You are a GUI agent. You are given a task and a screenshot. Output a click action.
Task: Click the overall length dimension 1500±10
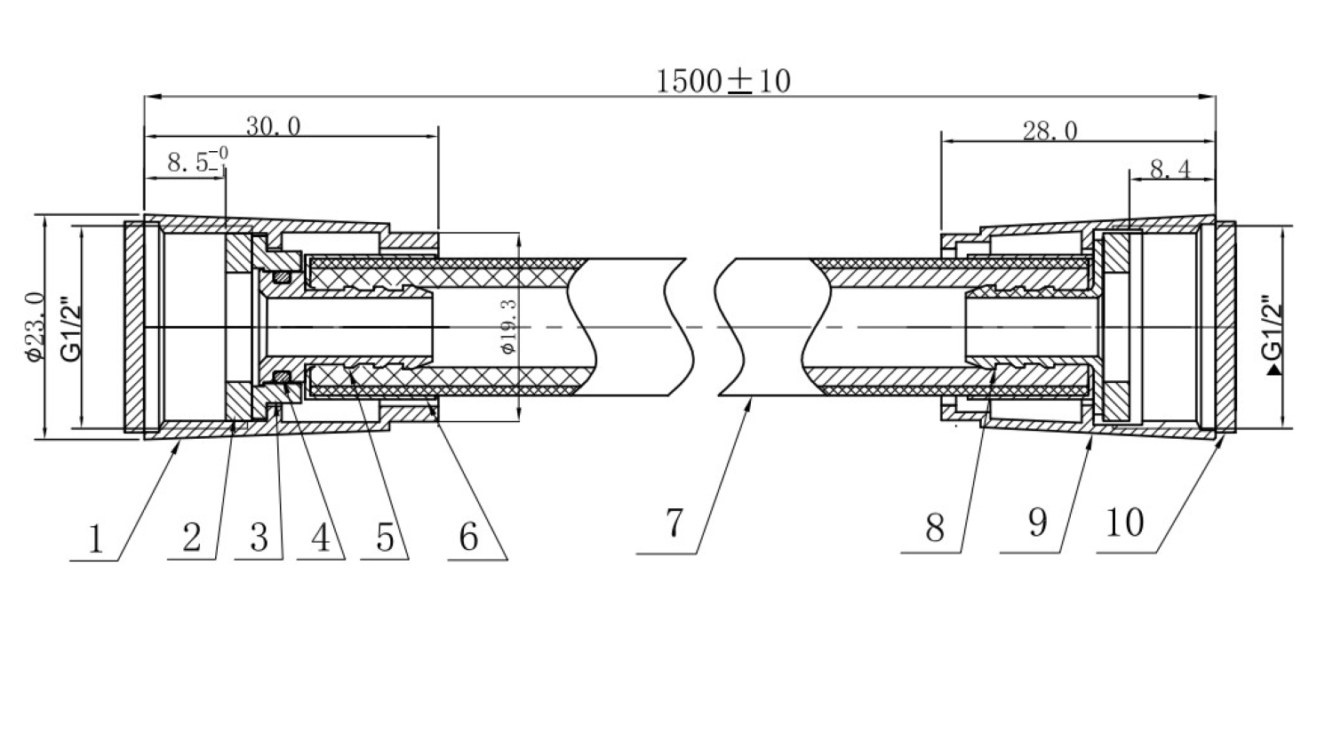[722, 81]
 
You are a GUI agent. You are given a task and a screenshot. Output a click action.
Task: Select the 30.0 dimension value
[273, 126]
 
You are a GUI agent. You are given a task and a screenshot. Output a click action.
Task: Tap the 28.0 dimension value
[1050, 131]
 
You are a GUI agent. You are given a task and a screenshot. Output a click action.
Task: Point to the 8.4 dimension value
[1170, 169]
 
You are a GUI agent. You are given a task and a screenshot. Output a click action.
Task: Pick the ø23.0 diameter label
[35, 327]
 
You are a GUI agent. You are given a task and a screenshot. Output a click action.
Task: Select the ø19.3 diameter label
[508, 328]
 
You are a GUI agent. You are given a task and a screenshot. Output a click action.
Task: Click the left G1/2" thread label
[70, 328]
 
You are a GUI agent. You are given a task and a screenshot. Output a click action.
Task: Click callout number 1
[94, 538]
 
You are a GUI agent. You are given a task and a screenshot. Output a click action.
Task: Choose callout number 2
[192, 537]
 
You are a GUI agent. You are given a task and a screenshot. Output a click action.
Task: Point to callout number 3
[259, 537]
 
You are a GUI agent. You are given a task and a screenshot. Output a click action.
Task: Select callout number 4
[321, 537]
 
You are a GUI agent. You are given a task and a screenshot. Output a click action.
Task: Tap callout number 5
[385, 537]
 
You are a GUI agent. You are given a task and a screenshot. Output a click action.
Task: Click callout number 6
[468, 537]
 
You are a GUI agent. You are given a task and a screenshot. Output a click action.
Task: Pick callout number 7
[674, 522]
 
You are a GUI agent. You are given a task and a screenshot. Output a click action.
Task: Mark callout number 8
[934, 528]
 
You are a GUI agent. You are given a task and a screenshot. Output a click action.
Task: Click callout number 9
[1038, 522]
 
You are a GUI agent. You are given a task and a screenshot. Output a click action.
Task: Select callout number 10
[1125, 522]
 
